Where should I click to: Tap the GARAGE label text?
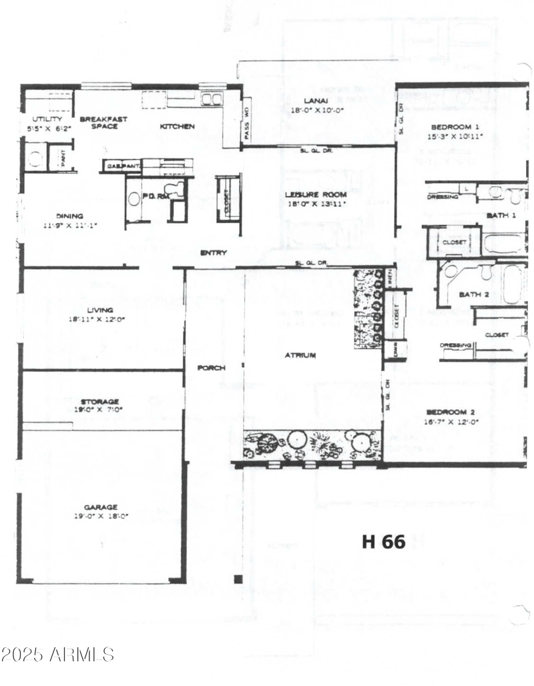point(101,506)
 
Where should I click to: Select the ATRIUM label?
point(300,356)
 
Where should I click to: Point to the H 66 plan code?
point(383,541)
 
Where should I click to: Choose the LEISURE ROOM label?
point(316,195)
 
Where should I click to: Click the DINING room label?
point(69,216)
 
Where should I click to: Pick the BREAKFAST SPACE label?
point(103,122)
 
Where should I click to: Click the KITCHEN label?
point(177,126)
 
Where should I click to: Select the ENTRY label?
point(214,253)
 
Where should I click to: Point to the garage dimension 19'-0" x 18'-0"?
point(101,516)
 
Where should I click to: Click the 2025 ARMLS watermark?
point(59,654)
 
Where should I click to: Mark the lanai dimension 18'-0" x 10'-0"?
point(317,110)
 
